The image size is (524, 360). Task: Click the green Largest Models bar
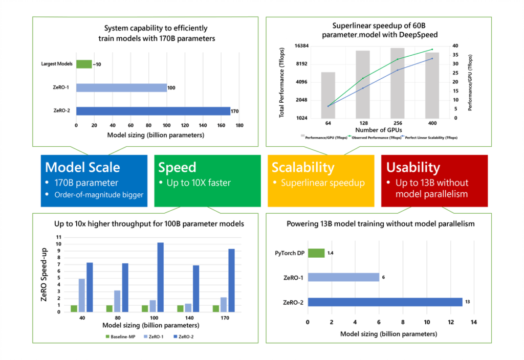coord(84,64)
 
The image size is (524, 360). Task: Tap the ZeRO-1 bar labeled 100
coord(121,87)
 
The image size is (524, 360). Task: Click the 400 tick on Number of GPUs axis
coord(432,123)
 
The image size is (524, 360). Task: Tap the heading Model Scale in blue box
coord(82,167)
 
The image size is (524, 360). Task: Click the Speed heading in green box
coord(177,167)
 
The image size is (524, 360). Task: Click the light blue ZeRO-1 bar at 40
coord(82,295)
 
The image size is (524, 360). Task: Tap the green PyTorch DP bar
coord(316,253)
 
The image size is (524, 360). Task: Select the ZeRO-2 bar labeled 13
coord(384,302)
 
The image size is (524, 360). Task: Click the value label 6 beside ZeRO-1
coord(383,277)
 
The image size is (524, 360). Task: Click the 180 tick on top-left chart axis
coord(239,125)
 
